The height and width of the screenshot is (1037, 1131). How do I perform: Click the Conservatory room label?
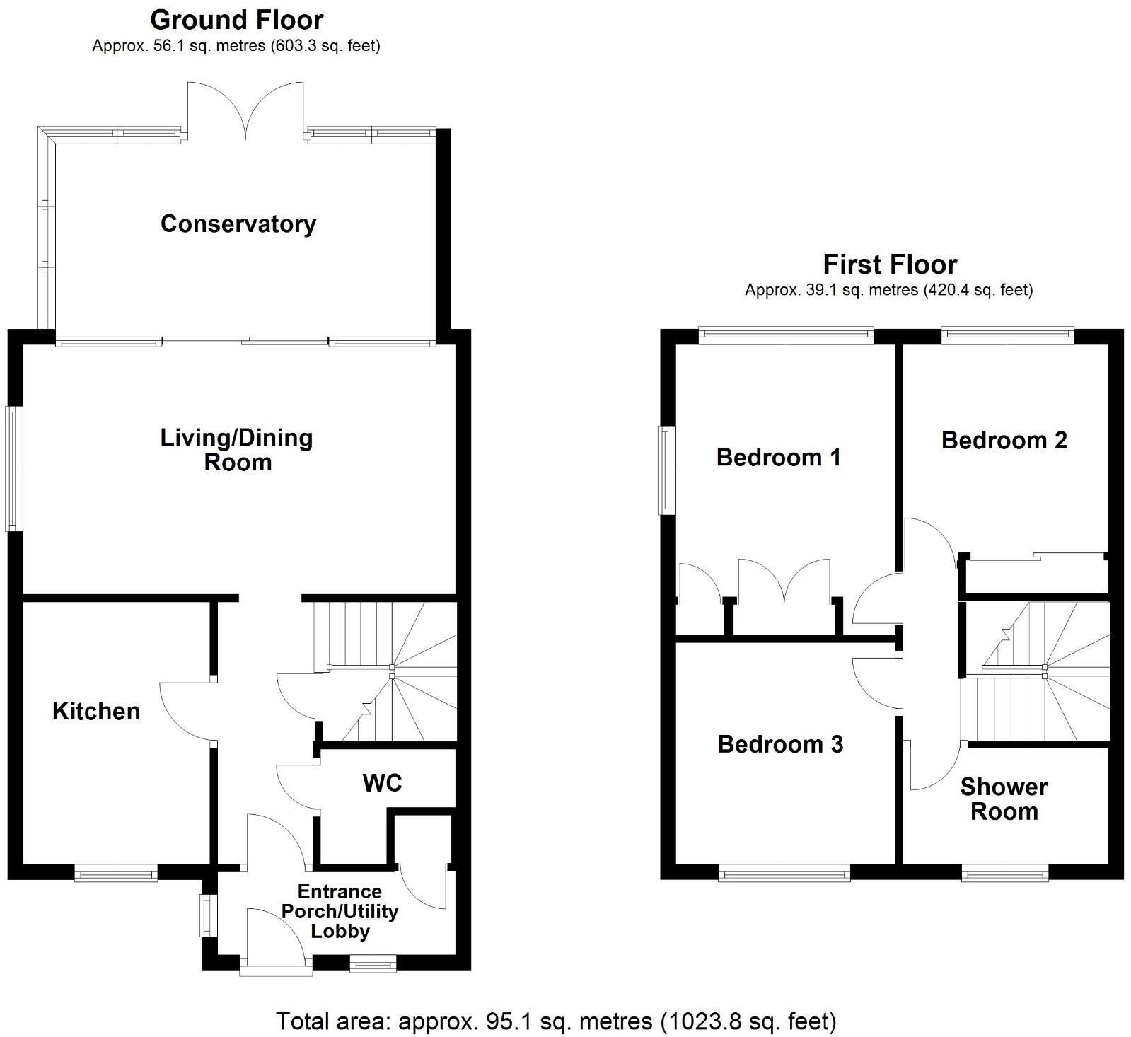238,224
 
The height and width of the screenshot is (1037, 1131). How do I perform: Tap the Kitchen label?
96,711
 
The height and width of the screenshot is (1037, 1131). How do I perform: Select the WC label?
382,782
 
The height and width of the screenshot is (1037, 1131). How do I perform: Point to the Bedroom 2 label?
1004,440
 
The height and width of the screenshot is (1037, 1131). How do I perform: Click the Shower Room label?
1004,799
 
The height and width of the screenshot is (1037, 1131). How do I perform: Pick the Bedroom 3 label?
780,744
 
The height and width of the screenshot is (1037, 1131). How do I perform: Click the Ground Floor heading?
237,20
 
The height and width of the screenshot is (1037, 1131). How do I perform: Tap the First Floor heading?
890,265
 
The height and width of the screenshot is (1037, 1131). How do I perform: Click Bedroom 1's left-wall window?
665,470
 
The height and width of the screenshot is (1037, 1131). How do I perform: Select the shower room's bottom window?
1005,875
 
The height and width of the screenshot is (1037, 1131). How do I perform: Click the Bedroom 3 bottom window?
784,875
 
